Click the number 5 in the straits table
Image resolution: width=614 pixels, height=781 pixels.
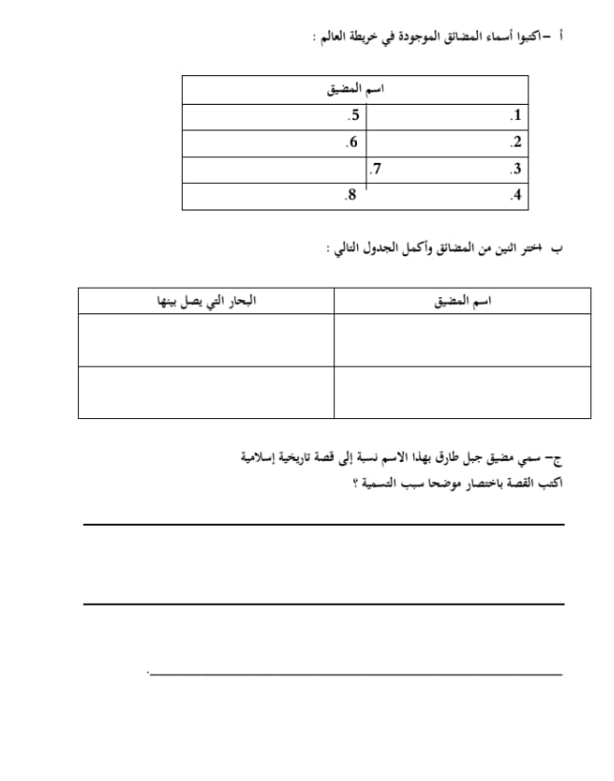pyautogui.click(x=354, y=116)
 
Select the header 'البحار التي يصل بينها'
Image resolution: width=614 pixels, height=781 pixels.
pyautogui.click(x=206, y=302)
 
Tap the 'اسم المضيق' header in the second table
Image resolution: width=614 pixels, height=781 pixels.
pyautogui.click(x=464, y=302)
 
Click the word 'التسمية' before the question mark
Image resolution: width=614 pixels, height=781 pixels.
pyautogui.click(x=376, y=484)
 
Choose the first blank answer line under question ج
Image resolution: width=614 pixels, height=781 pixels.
pyautogui.click(x=324, y=524)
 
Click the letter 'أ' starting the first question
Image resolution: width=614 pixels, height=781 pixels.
pyautogui.click(x=563, y=36)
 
